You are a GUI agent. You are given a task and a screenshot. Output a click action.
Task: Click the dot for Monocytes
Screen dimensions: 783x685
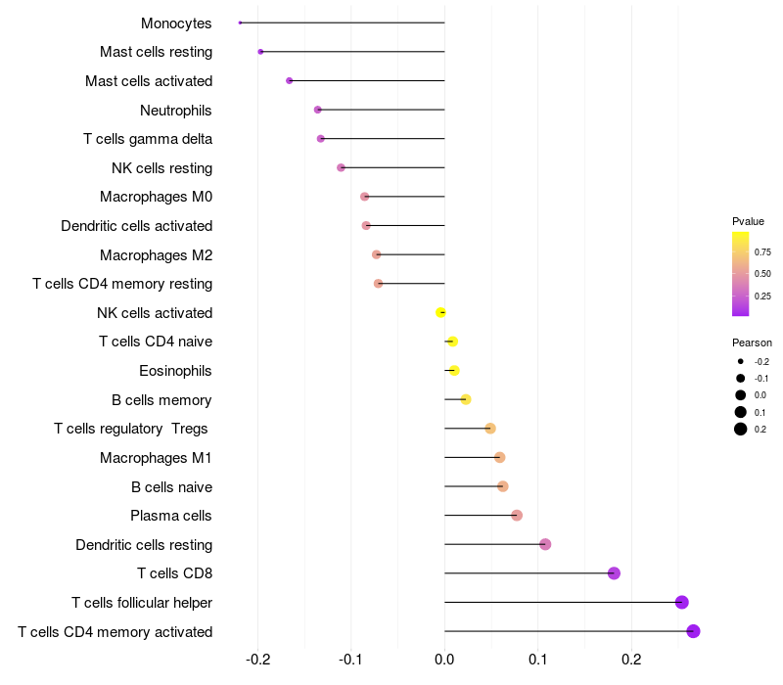240,23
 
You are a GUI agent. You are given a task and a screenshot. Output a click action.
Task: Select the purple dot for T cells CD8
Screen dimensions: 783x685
614,573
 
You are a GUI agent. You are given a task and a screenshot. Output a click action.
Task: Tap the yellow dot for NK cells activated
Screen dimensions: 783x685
440,312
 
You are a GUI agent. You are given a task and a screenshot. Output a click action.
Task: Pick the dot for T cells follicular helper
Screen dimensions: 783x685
681,602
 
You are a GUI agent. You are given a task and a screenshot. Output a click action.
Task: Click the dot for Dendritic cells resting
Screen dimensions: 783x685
545,544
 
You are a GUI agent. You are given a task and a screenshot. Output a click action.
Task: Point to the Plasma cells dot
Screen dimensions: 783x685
517,516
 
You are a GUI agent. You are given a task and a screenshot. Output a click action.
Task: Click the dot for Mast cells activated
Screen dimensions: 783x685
289,80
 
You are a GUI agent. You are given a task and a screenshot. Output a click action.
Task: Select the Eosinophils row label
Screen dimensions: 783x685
175,371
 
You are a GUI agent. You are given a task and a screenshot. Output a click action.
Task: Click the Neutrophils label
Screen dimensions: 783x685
176,111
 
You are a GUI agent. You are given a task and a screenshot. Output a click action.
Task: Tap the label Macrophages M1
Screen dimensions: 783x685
156,458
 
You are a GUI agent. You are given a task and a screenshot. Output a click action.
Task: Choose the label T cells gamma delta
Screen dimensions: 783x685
148,139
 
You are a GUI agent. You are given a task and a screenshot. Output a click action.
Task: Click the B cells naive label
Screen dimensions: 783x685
172,486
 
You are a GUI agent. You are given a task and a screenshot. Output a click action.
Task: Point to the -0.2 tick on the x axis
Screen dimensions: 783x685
257,660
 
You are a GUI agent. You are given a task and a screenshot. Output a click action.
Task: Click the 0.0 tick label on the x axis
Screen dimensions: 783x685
444,660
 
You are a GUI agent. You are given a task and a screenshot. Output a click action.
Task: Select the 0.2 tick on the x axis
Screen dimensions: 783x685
631,660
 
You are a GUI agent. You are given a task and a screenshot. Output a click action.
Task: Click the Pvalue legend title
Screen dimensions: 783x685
748,221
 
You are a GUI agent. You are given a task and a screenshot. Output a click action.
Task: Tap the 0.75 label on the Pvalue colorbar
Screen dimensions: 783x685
762,252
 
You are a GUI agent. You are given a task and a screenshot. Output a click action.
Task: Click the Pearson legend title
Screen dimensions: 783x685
752,342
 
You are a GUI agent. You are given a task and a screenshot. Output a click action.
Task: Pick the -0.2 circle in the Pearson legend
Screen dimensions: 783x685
741,361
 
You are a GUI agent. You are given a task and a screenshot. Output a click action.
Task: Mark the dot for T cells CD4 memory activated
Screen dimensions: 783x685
693,631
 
